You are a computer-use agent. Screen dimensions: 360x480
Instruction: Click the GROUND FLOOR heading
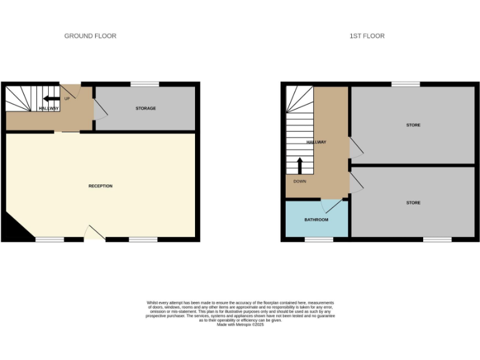pos(90,36)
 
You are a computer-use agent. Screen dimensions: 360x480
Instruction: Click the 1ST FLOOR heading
pos(367,36)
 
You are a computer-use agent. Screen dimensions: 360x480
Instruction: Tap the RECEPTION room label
pos(100,186)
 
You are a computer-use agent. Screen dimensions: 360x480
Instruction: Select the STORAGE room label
pos(146,109)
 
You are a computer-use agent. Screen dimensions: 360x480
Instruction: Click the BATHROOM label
pos(316,220)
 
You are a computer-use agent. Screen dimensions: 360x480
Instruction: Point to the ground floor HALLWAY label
pos(49,109)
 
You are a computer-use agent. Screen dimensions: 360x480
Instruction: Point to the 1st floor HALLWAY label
pos(316,142)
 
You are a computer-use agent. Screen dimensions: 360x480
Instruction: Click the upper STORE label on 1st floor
pos(413,126)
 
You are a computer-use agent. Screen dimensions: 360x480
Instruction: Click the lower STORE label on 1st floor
pos(413,203)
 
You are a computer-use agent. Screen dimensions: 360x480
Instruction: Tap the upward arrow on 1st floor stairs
pos(299,166)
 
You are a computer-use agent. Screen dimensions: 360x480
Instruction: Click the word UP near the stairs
pos(67,98)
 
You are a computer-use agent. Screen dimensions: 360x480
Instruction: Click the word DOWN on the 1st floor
pos(299,182)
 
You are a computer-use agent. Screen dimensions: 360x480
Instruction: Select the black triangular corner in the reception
pos(15,229)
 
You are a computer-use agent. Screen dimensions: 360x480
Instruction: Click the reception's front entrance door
pos(94,234)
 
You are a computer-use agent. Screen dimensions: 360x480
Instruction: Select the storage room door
pos(99,110)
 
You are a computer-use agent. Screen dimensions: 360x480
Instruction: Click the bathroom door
pos(332,205)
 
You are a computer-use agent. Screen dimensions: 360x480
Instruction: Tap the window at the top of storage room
pos(144,84)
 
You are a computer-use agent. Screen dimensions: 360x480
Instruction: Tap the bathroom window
pos(319,239)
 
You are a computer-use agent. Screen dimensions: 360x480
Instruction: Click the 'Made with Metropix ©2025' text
pos(240,324)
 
